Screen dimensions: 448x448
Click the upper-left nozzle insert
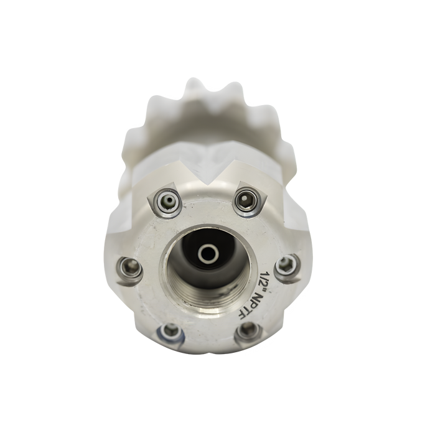pyautogui.click(x=168, y=201)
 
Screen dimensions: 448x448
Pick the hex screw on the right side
pyautogui.click(x=287, y=265)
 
